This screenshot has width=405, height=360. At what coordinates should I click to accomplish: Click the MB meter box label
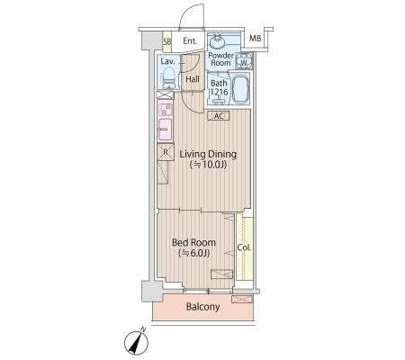(x=256, y=39)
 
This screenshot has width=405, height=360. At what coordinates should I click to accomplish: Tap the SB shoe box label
(x=166, y=41)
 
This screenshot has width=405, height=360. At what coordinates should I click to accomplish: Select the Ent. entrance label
(x=190, y=40)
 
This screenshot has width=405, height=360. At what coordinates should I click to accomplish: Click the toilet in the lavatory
(x=168, y=77)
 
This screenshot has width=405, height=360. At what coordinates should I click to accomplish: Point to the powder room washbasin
(x=217, y=41)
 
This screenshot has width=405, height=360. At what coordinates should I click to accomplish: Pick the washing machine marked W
(x=244, y=61)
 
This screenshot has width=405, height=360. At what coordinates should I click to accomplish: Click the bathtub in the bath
(x=240, y=89)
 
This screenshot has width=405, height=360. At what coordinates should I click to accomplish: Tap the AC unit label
(x=219, y=116)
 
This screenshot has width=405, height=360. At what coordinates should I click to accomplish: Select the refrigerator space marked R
(x=166, y=152)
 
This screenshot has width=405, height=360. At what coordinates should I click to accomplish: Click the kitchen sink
(x=165, y=129)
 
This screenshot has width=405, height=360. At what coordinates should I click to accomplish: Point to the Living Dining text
(x=208, y=154)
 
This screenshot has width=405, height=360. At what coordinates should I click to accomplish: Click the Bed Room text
(x=193, y=242)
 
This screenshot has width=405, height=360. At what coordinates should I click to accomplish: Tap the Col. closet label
(x=244, y=247)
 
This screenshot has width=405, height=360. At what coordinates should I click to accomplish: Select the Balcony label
(x=203, y=307)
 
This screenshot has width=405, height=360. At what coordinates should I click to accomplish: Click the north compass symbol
(x=137, y=342)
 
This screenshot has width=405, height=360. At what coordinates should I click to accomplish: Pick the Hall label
(x=193, y=79)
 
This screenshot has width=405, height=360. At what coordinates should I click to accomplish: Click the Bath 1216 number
(x=220, y=92)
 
